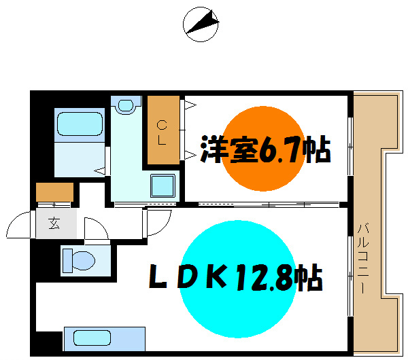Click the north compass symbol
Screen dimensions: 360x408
[202, 24]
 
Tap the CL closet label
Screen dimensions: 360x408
[162, 133]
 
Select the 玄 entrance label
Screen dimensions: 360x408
[54, 221]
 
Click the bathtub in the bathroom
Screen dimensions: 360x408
[80, 125]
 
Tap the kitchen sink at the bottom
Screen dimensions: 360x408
[92, 337]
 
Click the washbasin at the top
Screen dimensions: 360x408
[125, 105]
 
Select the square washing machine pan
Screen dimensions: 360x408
[163, 185]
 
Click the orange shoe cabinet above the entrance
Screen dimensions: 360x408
[54, 192]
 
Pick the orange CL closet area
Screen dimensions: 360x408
[163, 132]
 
